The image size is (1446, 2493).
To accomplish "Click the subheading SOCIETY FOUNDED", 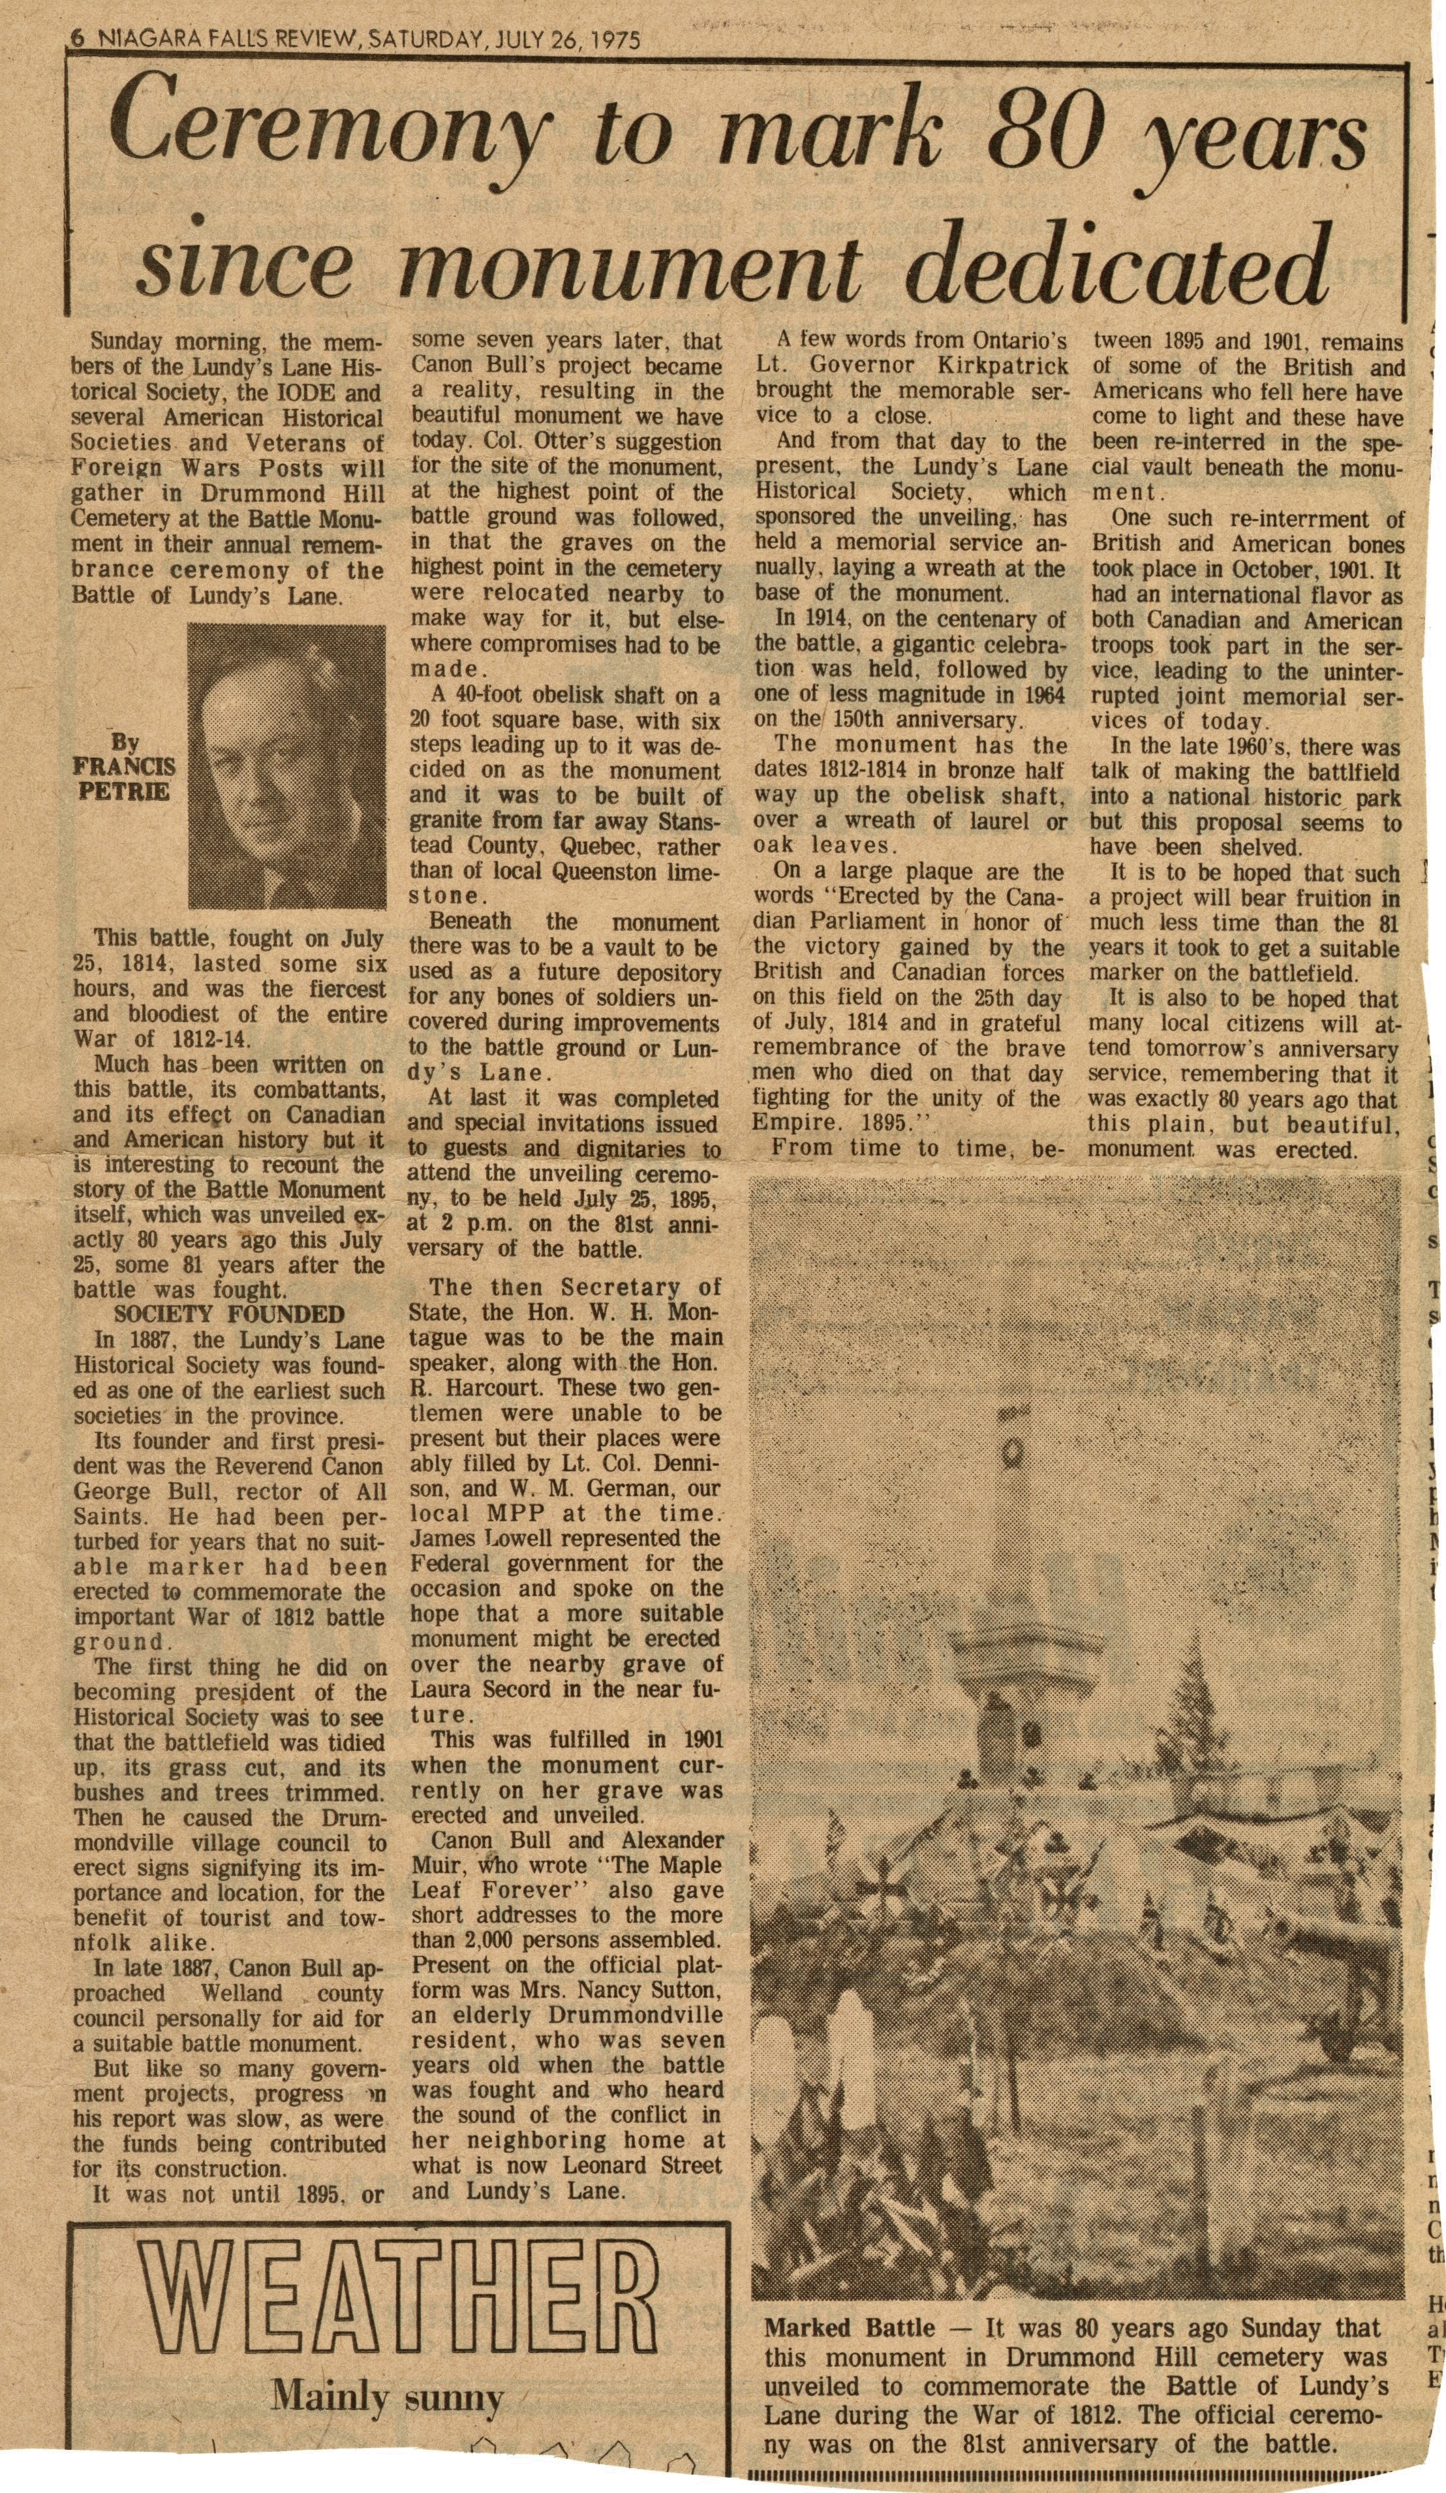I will [230, 1315].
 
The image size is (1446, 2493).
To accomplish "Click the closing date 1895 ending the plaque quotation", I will [899, 1122].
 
